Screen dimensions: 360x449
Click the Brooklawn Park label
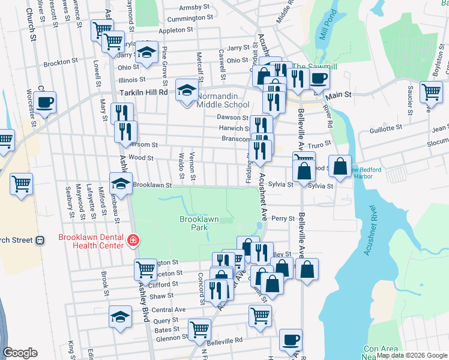pyautogui.click(x=199, y=224)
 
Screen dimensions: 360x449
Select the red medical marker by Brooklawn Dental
pyautogui.click(x=131, y=241)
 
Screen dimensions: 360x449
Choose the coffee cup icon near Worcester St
pyautogui.click(x=44, y=102)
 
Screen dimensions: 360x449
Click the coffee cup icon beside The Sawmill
pyautogui.click(x=319, y=77)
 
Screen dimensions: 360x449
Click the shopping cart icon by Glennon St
pyautogui.click(x=199, y=328)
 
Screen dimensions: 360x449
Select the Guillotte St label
pyautogui.click(x=386, y=128)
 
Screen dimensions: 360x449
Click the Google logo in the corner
pyautogui.click(x=20, y=353)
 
